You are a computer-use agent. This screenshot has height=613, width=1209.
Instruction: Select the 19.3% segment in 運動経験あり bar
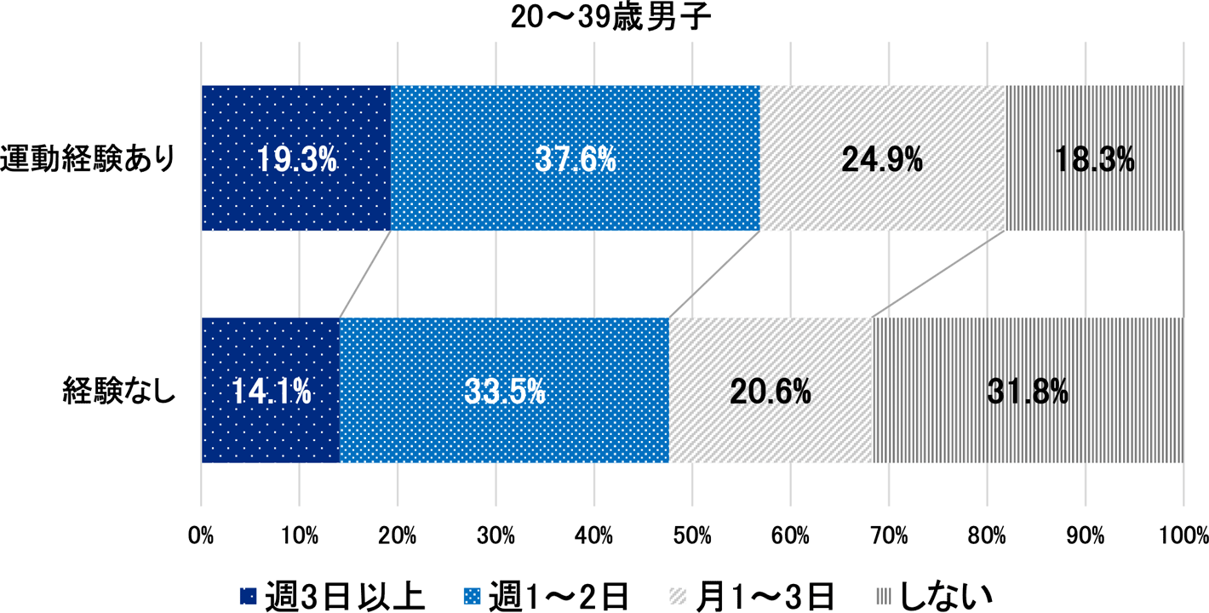click(x=295, y=158)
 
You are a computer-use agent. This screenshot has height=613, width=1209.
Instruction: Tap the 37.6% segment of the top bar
click(x=575, y=158)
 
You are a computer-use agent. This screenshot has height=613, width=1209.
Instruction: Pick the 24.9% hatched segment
click(x=882, y=158)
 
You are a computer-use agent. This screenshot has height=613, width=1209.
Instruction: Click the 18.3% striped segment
click(x=1094, y=158)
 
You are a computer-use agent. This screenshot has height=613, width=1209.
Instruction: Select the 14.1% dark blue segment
click(x=270, y=391)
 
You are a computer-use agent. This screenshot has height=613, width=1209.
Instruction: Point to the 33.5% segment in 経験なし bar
click(x=504, y=391)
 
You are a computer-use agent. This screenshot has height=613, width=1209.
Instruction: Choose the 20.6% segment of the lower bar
click(x=771, y=391)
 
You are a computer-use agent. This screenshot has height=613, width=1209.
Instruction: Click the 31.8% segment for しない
click(x=1028, y=391)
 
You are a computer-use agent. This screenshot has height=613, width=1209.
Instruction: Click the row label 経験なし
click(x=118, y=392)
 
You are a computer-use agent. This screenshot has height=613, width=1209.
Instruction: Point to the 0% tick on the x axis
click(x=201, y=536)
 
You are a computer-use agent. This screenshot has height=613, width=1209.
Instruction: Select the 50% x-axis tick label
click(x=692, y=536)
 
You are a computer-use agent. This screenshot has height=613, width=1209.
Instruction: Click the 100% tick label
click(x=1183, y=536)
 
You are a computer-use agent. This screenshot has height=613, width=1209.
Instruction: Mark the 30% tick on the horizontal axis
click(x=496, y=536)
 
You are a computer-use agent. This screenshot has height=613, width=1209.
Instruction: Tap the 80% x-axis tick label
click(x=987, y=536)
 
